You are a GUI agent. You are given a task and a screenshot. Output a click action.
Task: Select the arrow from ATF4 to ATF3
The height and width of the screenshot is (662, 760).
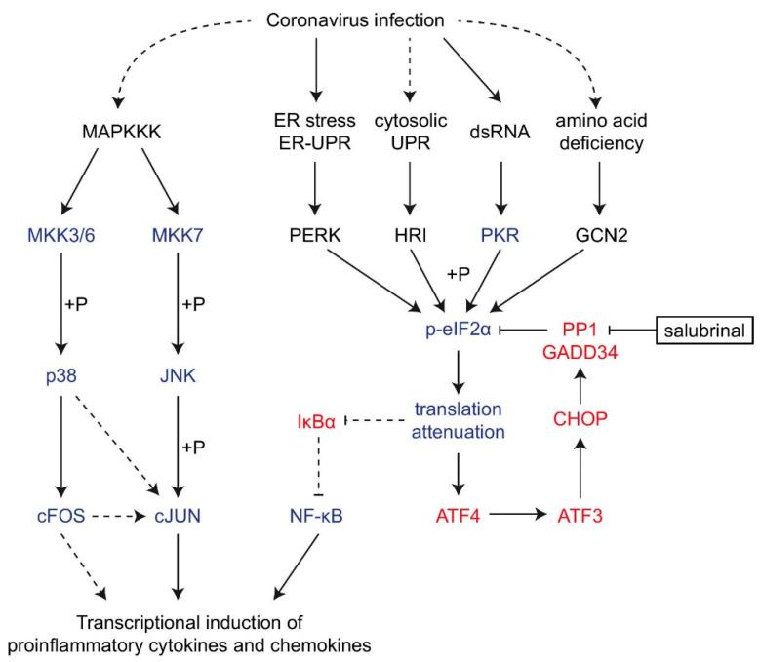click(515, 516)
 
